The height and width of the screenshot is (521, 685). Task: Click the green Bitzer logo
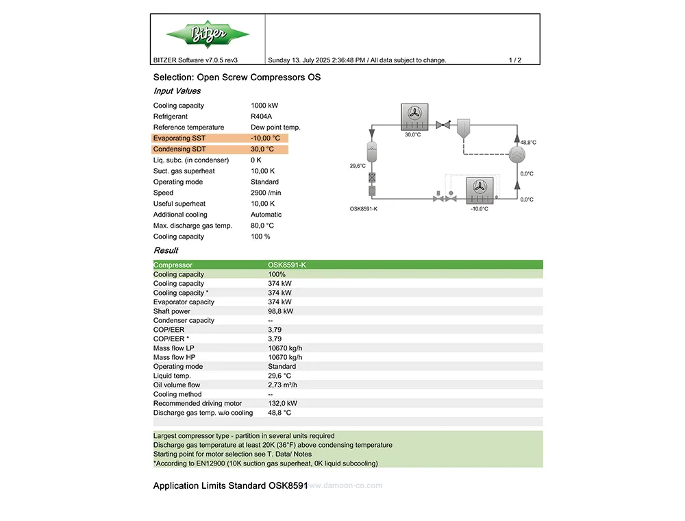[x=208, y=34]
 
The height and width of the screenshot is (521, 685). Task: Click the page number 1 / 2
[x=515, y=60]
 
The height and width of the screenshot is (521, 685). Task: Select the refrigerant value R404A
[x=262, y=117]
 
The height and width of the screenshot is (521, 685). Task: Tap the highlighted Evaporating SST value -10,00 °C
[x=265, y=138]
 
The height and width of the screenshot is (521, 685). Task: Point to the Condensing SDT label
[x=179, y=149]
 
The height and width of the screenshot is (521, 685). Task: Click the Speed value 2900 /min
[x=266, y=193]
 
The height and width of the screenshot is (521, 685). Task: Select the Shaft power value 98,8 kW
[x=280, y=311]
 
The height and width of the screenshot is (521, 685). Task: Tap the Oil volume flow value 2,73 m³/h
[x=285, y=385]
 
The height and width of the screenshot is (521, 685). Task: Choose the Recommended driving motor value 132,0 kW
[x=282, y=404]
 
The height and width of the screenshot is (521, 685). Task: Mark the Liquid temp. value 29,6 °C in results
[x=279, y=376]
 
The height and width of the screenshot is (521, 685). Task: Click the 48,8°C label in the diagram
[x=528, y=143]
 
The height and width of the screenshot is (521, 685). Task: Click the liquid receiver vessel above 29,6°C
[x=372, y=150]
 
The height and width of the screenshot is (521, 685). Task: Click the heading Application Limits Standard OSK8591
[x=230, y=486]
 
